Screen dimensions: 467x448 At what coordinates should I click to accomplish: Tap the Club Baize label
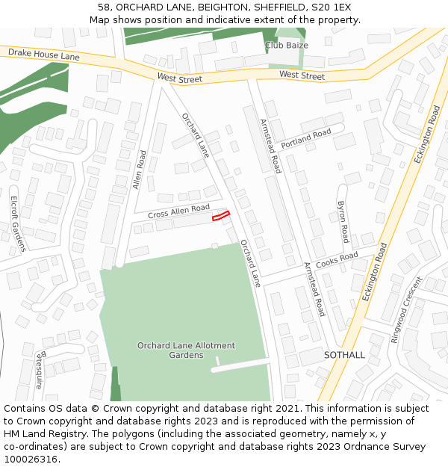pyautogui.click(x=286, y=46)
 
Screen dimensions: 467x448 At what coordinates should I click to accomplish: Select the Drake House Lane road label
pyautogui.click(x=43, y=55)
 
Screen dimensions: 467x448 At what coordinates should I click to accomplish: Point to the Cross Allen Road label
pyautogui.click(x=178, y=211)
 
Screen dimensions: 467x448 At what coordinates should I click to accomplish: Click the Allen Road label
pyautogui.click(x=140, y=170)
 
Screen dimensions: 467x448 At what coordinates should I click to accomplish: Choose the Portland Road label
pyautogui.click(x=305, y=137)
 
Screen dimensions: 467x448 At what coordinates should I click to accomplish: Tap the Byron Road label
pyautogui.click(x=343, y=221)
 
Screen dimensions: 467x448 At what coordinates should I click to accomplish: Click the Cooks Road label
pyautogui.click(x=337, y=259)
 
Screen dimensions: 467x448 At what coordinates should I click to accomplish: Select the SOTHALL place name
pyautogui.click(x=344, y=355)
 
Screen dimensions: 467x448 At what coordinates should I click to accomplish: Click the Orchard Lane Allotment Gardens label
pyautogui.click(x=186, y=350)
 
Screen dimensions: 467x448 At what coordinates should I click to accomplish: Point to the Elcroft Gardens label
pyautogui.click(x=17, y=223)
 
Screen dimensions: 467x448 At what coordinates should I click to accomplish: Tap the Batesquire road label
pyautogui.click(x=40, y=369)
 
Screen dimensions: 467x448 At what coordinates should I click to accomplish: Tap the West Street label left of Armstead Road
pyautogui.click(x=179, y=78)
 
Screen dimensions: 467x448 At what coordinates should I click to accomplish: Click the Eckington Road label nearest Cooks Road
pyautogui.click(x=375, y=271)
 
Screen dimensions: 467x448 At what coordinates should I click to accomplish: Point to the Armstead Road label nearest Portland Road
pyautogui.click(x=270, y=146)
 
